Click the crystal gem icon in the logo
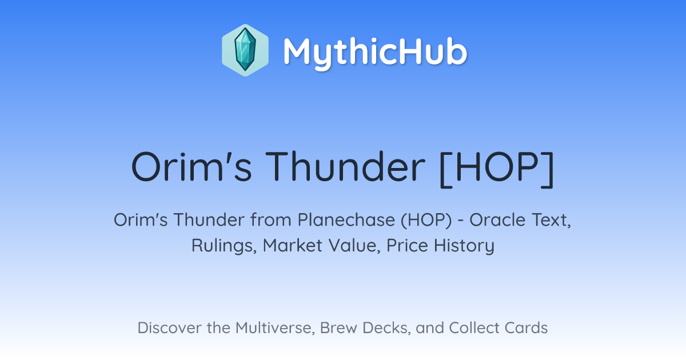(245, 50)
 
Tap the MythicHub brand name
(375, 53)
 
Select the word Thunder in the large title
(345, 167)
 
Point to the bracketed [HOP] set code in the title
(497, 169)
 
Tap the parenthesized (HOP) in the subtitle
(426, 220)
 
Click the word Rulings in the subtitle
(224, 246)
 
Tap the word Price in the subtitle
(407, 245)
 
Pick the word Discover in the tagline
(170, 328)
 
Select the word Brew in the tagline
(338, 328)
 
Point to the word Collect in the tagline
(474, 328)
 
